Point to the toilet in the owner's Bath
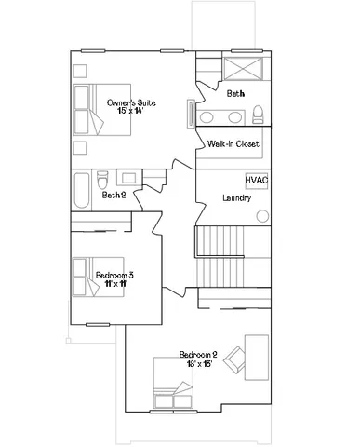tap(258, 115)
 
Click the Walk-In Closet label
tap(233, 143)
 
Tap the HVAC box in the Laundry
tap(257, 181)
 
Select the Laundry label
tap(238, 198)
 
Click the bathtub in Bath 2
tap(82, 191)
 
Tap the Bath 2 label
tap(113, 195)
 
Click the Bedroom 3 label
tap(114, 275)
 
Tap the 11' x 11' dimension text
tap(116, 285)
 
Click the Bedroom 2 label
tap(198, 355)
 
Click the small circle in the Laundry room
tap(262, 216)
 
